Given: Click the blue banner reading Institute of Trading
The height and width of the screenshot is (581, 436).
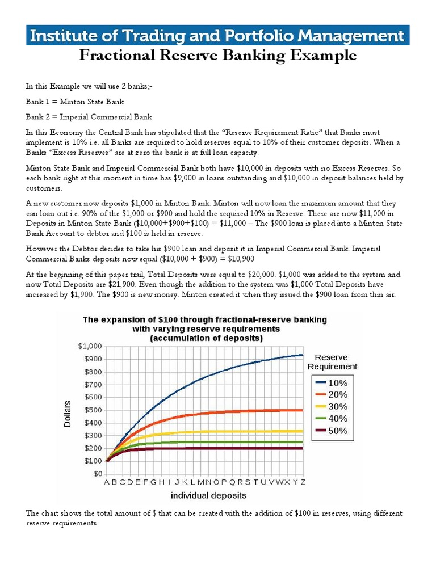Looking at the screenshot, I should pyautogui.click(x=217, y=36).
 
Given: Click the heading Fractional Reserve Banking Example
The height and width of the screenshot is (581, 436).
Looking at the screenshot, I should pyautogui.click(x=217, y=56).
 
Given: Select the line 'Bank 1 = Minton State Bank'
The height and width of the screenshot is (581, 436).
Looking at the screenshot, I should pyautogui.click(x=74, y=102).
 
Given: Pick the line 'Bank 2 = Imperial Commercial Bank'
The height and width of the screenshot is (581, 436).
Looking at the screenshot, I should pyautogui.click(x=89, y=117).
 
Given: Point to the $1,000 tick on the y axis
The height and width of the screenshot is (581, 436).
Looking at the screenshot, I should pyautogui.click(x=90, y=346).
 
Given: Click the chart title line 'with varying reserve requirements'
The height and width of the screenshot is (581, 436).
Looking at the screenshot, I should pyautogui.click(x=206, y=329).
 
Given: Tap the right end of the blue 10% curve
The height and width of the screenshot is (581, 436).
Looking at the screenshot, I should pyautogui.click(x=302, y=355).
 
